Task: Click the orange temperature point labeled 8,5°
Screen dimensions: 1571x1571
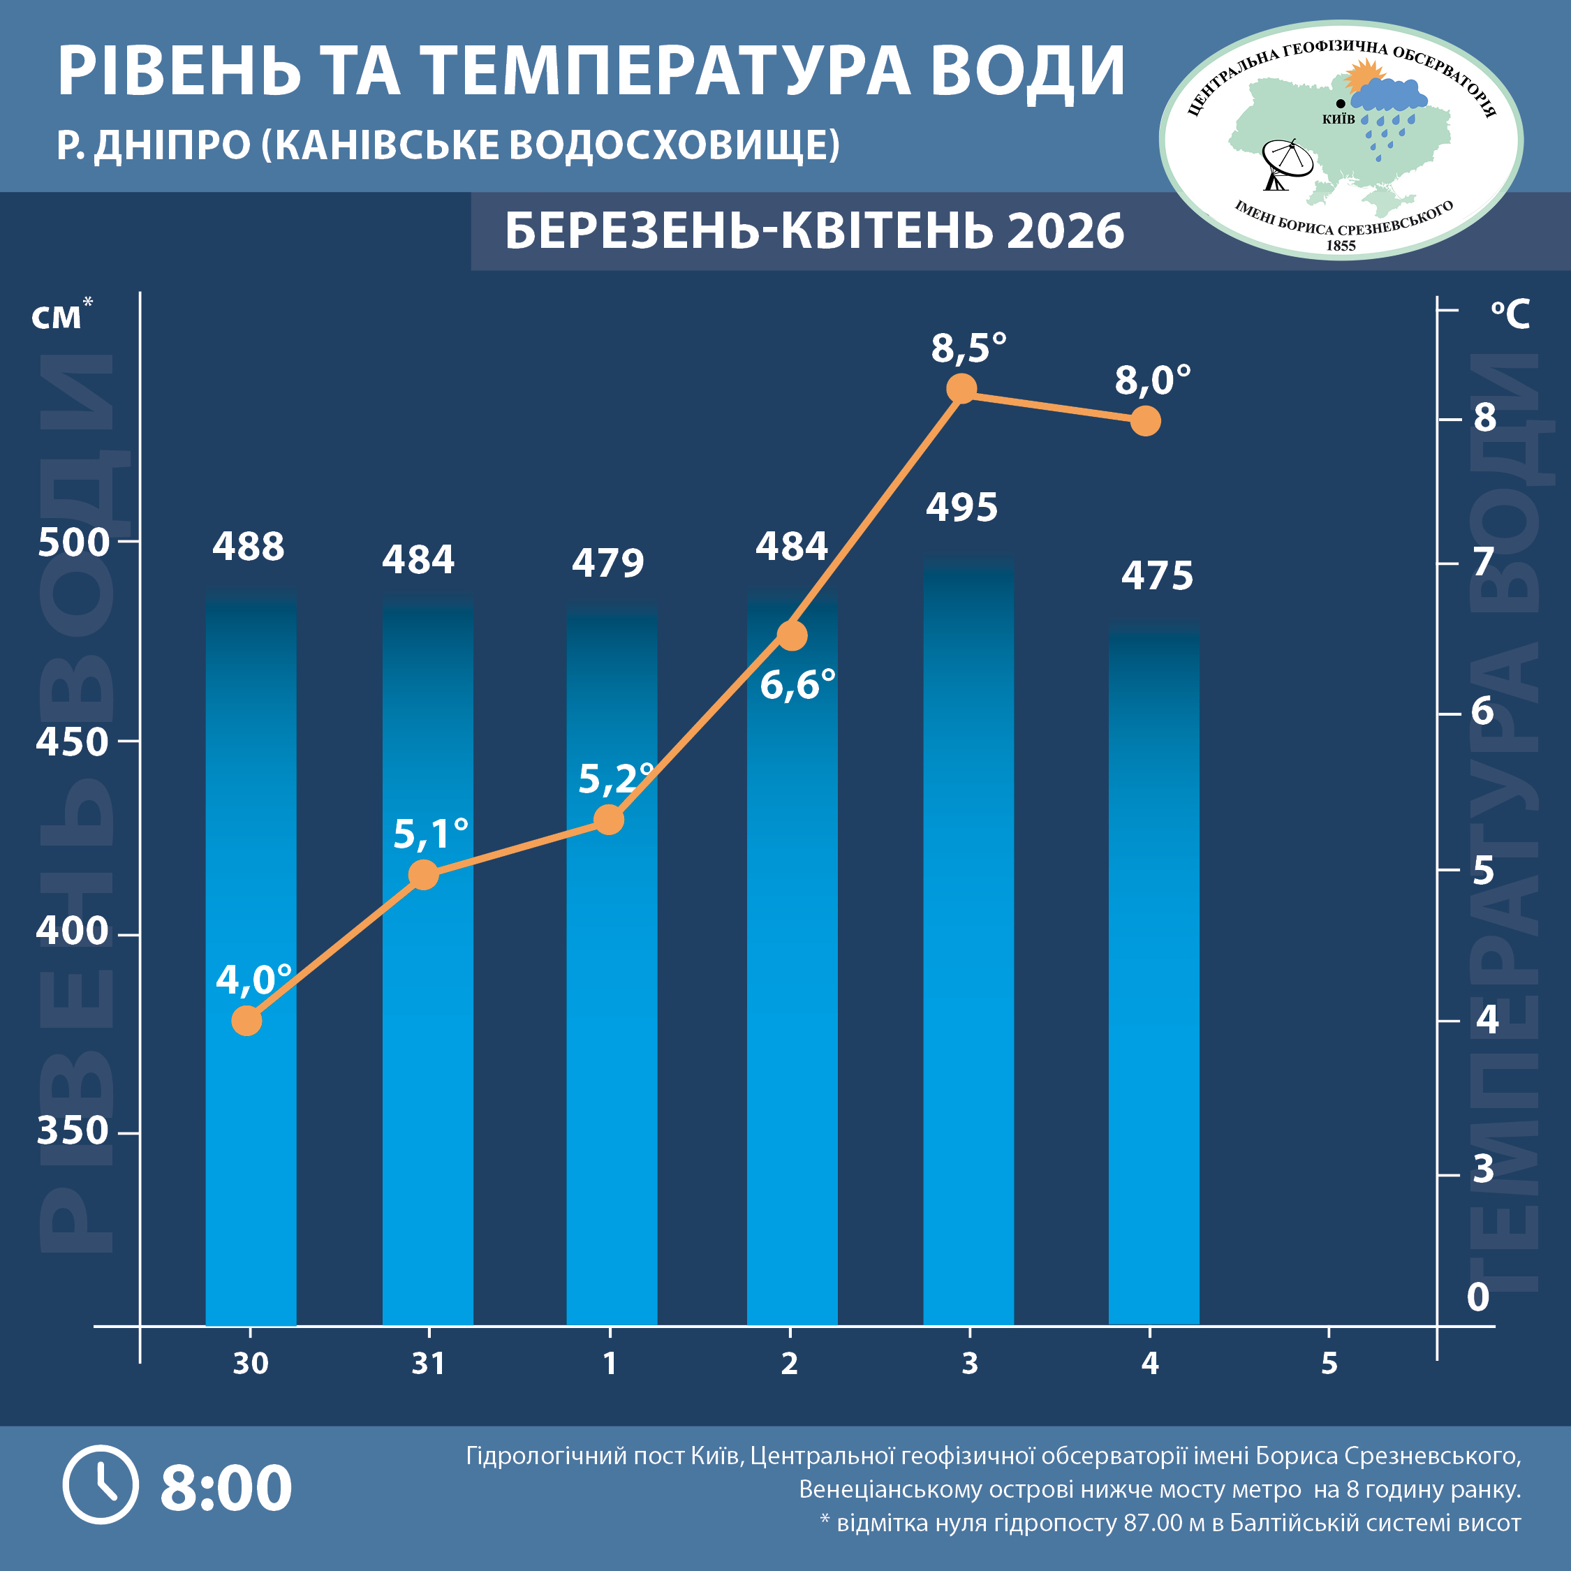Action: point(961,389)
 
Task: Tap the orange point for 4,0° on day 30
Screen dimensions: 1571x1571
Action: point(246,1021)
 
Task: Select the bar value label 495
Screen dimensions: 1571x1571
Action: point(961,508)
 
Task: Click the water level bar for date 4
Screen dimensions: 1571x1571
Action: point(1154,976)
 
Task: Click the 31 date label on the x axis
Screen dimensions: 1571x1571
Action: point(429,1364)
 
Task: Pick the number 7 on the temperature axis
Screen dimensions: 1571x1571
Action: point(1484,562)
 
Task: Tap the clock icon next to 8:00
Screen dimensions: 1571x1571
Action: point(101,1485)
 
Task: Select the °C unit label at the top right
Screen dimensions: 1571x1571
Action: point(1510,314)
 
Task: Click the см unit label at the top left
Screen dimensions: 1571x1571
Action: point(57,316)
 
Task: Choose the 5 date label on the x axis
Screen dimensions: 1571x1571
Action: point(1329,1364)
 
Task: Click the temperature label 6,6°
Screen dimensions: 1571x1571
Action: point(797,685)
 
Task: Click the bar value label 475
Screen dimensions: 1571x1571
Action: point(1157,577)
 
